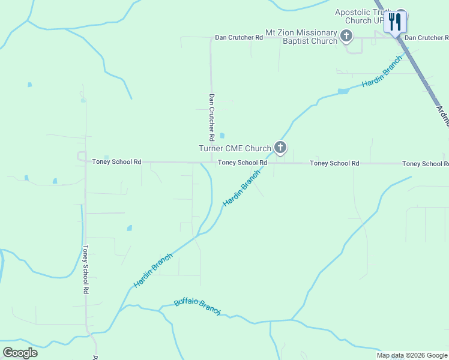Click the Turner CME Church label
click(x=235, y=148)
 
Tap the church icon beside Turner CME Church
click(x=280, y=147)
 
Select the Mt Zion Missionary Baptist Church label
click(x=302, y=37)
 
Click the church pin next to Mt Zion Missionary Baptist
click(x=346, y=37)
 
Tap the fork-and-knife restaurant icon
click(x=396, y=22)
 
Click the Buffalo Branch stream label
click(x=197, y=307)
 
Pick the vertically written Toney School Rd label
click(x=86, y=269)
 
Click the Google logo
click(x=20, y=352)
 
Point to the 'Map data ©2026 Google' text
click(x=412, y=355)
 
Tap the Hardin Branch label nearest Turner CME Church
click(x=242, y=188)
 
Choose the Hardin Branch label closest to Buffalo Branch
click(x=153, y=270)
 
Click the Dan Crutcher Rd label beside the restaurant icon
click(x=426, y=38)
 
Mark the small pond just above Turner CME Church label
click(x=223, y=136)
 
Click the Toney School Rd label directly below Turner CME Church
click(x=243, y=163)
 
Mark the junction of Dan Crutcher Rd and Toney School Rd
click(x=211, y=162)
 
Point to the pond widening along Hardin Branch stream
click(x=343, y=91)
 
